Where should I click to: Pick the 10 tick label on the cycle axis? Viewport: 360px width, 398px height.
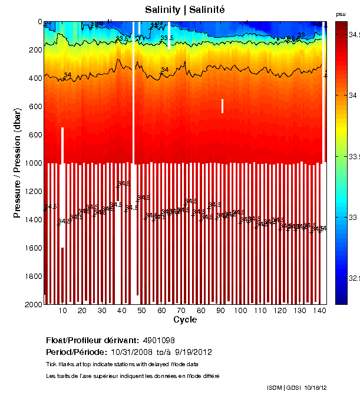pos(63,311)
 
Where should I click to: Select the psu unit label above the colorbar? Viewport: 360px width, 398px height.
pos(341,14)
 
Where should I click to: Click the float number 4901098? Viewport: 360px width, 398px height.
pos(159,341)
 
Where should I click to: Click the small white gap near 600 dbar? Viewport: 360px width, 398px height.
pos(222,106)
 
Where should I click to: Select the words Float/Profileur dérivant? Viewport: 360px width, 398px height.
pos(92,341)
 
